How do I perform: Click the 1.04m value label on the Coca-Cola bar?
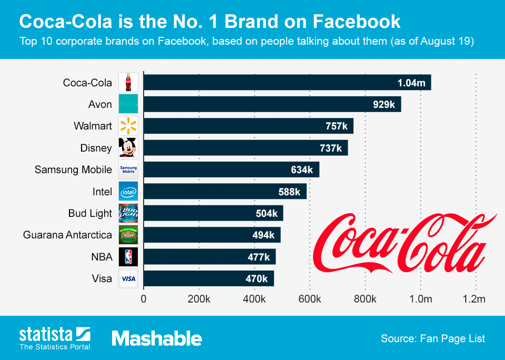(x=411, y=83)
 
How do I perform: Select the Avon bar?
(x=272, y=104)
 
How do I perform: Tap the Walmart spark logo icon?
(x=128, y=126)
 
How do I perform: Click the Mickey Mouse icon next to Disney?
(x=128, y=148)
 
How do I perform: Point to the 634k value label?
(x=301, y=170)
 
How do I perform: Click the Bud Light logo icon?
(x=128, y=213)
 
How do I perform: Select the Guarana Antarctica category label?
(x=67, y=235)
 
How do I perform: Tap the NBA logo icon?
(x=128, y=257)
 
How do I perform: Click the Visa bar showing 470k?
(x=208, y=278)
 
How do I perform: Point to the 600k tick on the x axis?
(x=310, y=299)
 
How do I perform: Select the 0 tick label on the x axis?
(x=144, y=299)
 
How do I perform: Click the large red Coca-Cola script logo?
(x=405, y=239)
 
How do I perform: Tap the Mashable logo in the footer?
(x=157, y=338)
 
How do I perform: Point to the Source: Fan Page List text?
(x=432, y=338)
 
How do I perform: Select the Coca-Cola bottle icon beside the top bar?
(x=128, y=82)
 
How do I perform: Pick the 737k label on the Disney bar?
(x=330, y=148)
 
